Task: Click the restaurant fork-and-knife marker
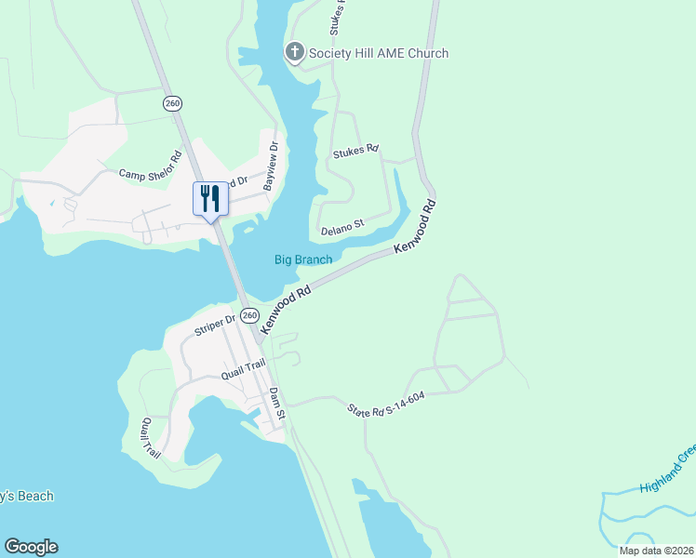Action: click(x=209, y=198)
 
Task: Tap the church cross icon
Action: click(x=294, y=53)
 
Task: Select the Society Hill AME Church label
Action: click(x=380, y=53)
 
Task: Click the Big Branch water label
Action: click(x=303, y=259)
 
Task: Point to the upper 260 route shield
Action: click(x=172, y=103)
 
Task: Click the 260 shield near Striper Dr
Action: click(x=249, y=316)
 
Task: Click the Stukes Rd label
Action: click(x=357, y=149)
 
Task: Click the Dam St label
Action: click(x=276, y=402)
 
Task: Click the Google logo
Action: click(x=31, y=547)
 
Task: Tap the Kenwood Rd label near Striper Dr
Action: click(x=285, y=311)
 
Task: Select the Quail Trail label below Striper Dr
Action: click(x=244, y=369)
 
